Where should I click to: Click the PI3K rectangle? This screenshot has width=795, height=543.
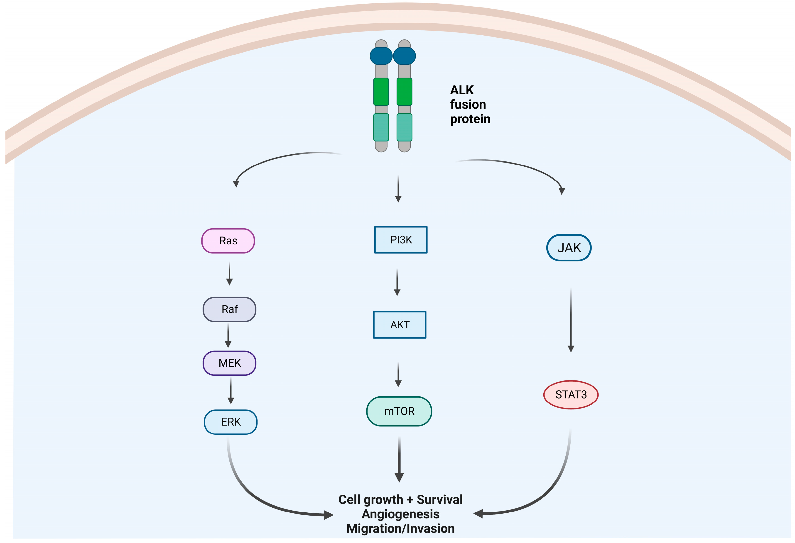401,240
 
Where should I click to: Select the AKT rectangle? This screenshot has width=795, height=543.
400,325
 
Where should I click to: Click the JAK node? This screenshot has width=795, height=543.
569,248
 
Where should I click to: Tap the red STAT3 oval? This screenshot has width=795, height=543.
571,394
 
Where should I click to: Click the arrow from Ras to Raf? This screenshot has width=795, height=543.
230,274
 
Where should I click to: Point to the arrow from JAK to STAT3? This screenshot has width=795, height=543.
571,320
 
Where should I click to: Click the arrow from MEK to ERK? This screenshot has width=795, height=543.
231,390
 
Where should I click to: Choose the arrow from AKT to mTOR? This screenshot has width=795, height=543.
398,374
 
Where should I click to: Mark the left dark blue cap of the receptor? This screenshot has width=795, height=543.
381,56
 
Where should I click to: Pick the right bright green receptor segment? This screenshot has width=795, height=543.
404,92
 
